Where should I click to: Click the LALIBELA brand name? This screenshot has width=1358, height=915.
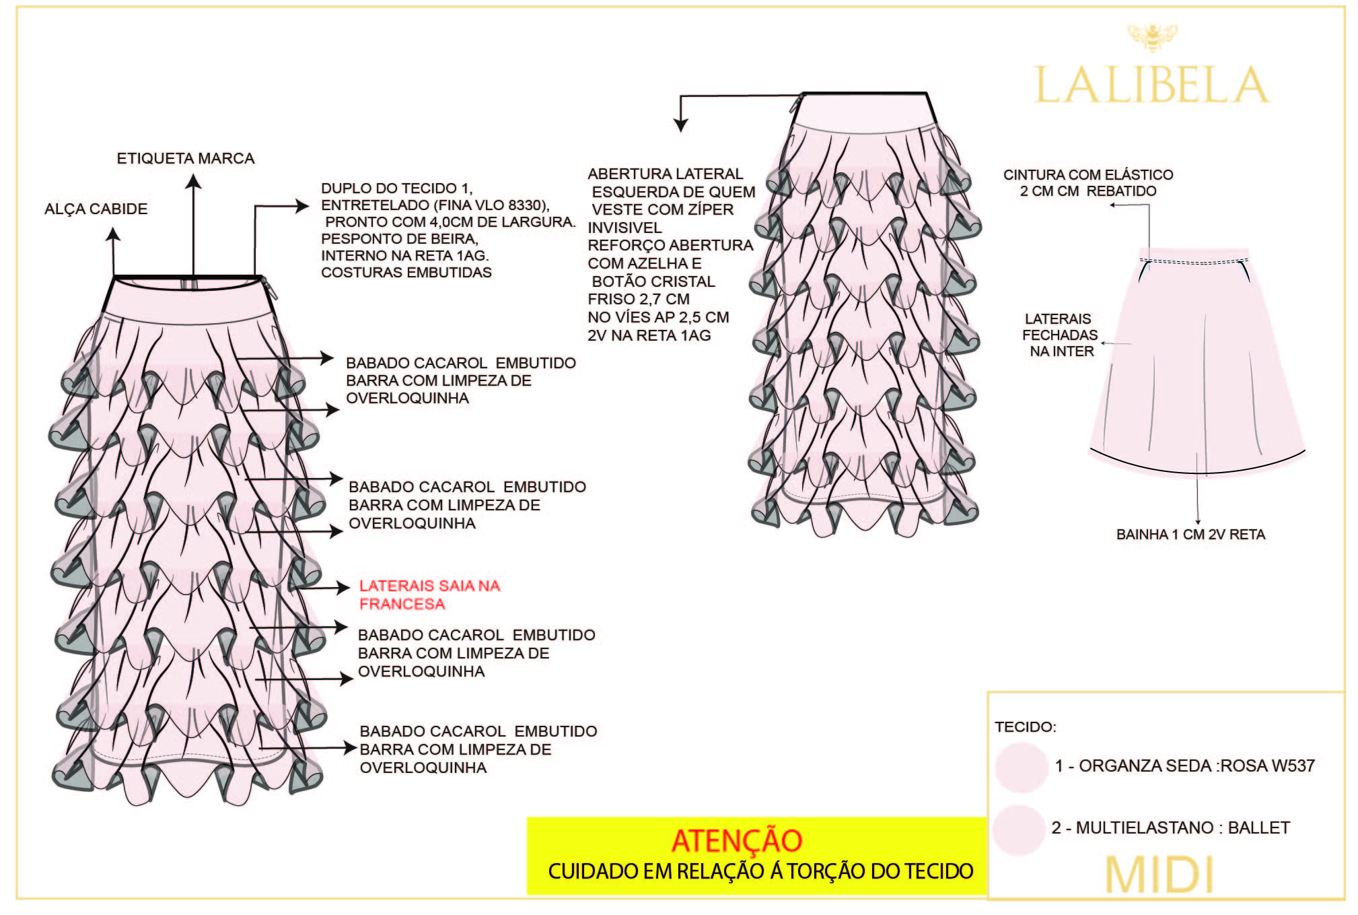point(1151,86)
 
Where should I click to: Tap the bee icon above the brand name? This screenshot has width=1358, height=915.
point(1152,37)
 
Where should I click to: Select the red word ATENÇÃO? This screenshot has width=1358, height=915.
point(737,841)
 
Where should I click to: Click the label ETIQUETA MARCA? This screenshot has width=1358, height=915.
point(186,159)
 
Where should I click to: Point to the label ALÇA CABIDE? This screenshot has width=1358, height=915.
point(96,209)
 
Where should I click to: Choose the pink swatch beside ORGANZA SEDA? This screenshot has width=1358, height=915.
point(1022,767)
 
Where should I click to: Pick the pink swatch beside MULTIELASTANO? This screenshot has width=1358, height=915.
point(1019,829)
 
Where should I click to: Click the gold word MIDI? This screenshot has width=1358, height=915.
point(1159,875)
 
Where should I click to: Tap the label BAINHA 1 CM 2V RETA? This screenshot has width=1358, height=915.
point(1190,535)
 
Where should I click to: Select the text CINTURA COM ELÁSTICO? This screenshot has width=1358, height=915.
point(1088,175)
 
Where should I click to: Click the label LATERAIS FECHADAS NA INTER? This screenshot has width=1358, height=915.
point(1060,335)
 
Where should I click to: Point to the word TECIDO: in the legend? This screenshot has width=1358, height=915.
point(1026,727)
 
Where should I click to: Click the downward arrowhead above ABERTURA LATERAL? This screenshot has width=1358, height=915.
point(681,125)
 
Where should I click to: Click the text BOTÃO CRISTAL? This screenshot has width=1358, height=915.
point(653,281)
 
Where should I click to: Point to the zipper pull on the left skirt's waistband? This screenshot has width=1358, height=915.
point(274,290)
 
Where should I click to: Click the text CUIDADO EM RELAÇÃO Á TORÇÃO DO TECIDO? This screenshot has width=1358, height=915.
point(760,871)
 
